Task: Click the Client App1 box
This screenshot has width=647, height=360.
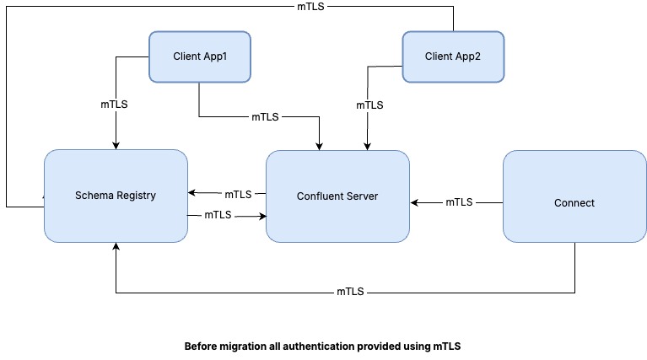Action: pyautogui.click(x=200, y=56)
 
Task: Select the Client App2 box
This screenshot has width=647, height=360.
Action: pyautogui.click(x=453, y=56)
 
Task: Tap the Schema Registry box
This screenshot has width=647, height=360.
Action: pyautogui.click(x=115, y=195)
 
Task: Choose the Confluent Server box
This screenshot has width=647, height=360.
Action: pyautogui.click(x=337, y=196)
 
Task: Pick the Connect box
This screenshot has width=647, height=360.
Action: pyautogui.click(x=574, y=202)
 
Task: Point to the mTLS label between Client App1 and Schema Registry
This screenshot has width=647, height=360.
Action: pyautogui.click(x=115, y=105)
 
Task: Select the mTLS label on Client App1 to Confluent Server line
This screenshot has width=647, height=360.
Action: pyautogui.click(x=265, y=116)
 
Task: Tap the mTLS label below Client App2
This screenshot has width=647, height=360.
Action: pyautogui.click(x=369, y=105)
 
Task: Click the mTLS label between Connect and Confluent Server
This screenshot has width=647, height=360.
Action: pyautogui.click(x=459, y=202)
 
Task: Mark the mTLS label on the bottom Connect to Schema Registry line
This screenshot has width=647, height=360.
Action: pyautogui.click(x=350, y=293)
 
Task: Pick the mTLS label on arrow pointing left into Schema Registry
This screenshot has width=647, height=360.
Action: pyautogui.click(x=238, y=194)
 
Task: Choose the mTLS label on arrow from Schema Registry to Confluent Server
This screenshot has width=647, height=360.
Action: pyautogui.click(x=218, y=215)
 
